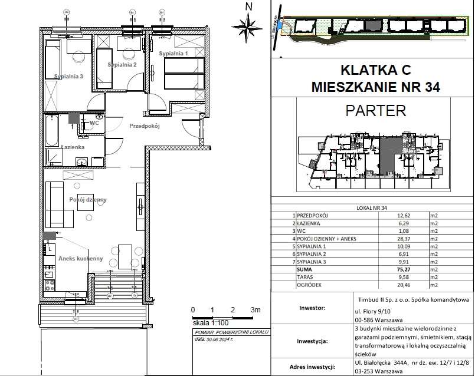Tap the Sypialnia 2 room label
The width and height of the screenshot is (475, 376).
pos(122,65)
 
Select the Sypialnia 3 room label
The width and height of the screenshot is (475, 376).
pos(68,76)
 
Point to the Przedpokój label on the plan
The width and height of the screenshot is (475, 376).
pos(145,126)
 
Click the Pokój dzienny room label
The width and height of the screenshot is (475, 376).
pos(87,200)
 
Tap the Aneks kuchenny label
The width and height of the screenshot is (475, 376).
pos(80,259)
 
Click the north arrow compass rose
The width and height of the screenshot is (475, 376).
pos(248,25)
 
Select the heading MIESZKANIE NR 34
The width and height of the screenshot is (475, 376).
pos(375,88)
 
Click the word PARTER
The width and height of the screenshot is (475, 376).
pos(375,110)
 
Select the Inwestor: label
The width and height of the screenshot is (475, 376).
pos(313,307)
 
